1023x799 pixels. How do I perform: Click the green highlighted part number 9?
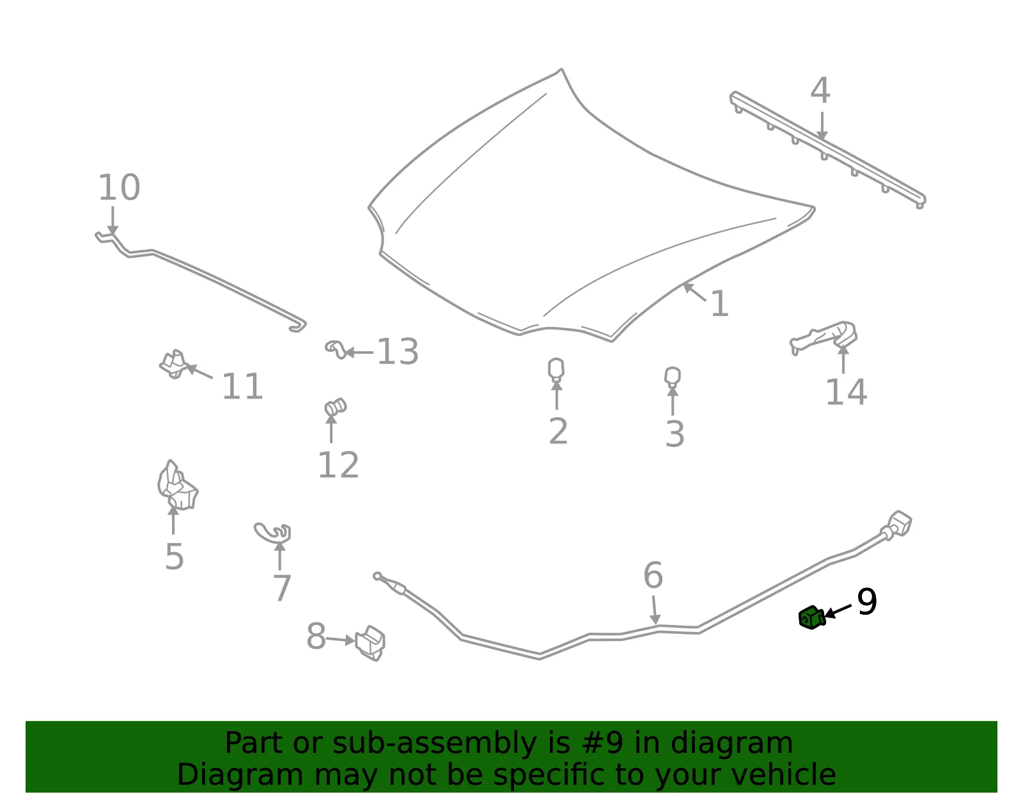pyautogui.click(x=811, y=617)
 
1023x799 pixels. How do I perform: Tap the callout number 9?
pyautogui.click(x=867, y=601)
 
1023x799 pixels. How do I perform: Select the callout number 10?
pyautogui.click(x=119, y=187)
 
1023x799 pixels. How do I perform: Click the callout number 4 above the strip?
pyautogui.click(x=820, y=90)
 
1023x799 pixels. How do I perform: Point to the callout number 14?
pyautogui.click(x=847, y=392)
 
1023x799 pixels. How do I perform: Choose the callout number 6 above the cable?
pyautogui.click(x=653, y=575)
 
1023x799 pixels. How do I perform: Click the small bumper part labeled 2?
pyautogui.click(x=556, y=370)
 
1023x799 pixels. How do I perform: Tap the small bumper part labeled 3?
pyautogui.click(x=672, y=377)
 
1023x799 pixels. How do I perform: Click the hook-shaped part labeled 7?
pyautogui.click(x=272, y=532)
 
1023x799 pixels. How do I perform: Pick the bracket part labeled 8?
pyautogui.click(x=370, y=643)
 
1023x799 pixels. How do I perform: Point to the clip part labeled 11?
pyautogui.click(x=174, y=365)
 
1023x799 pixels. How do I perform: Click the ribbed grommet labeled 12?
pyautogui.click(x=335, y=407)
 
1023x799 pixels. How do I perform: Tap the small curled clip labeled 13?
pyautogui.click(x=336, y=349)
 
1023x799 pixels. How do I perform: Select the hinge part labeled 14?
pyautogui.click(x=824, y=336)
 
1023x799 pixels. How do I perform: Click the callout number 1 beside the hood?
pyautogui.click(x=720, y=304)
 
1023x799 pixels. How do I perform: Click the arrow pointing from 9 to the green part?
pyautogui.click(x=838, y=611)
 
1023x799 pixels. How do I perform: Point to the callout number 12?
pyautogui.click(x=338, y=465)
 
